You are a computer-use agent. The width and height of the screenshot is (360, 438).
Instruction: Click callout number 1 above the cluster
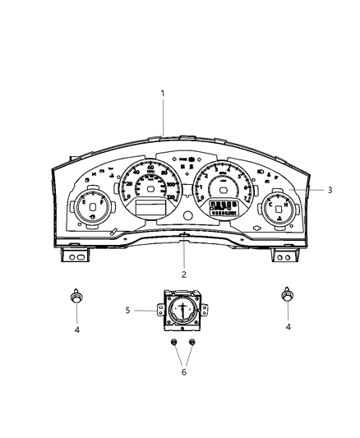(163, 94)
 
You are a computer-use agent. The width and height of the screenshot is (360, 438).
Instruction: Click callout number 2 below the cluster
(184, 274)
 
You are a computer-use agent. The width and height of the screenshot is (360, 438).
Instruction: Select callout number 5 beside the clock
(127, 310)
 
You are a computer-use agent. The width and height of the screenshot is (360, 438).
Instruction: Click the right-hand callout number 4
(288, 328)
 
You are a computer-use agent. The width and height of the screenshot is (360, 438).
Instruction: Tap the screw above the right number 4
(288, 295)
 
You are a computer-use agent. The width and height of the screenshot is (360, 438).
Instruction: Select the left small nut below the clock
(173, 342)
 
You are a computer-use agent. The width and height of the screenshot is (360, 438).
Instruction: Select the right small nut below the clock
(193, 342)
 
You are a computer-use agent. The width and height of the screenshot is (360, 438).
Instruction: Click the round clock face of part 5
(182, 311)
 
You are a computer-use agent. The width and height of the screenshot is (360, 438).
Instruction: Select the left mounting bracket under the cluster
(76, 257)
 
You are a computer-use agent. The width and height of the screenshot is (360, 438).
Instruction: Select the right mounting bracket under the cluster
(285, 257)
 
